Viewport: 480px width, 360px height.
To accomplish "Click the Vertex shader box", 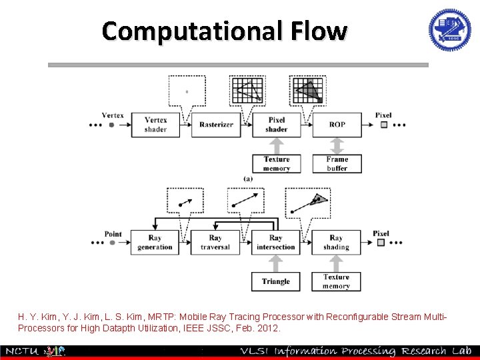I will [155, 125].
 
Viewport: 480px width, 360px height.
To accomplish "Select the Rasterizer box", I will [215, 125].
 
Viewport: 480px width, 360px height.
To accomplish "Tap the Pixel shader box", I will [276, 125].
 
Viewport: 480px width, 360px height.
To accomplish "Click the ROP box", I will [337, 125].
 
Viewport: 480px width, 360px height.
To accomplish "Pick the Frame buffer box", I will [337, 163].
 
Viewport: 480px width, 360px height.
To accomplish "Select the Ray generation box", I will [155, 243].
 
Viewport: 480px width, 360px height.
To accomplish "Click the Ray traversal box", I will [215, 243].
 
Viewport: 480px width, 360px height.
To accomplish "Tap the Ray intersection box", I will [275, 243].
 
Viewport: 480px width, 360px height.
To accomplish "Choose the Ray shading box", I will [336, 243].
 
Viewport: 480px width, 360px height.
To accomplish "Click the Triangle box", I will [275, 281].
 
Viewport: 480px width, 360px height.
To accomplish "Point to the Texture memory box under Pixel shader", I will [276, 163].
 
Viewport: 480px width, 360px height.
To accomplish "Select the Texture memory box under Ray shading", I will [336, 281].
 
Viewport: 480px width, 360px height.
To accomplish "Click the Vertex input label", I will [113, 115].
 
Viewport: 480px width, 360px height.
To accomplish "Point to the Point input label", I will [113, 234].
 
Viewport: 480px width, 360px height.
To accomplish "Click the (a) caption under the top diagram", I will [247, 179].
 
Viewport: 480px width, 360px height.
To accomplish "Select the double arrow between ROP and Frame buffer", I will [337, 145].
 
